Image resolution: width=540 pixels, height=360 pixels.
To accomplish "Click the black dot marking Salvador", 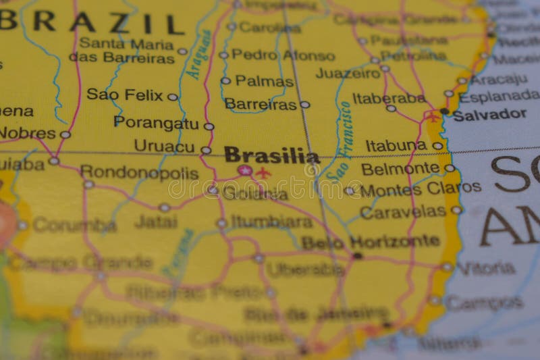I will pos(443,111).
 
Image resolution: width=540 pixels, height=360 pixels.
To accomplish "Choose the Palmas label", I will pos(264,81).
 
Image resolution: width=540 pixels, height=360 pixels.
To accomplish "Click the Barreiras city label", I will pos(260,104).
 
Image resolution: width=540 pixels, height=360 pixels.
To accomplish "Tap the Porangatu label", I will pos(156,122).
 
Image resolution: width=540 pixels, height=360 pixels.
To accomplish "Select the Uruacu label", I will pos(163,146).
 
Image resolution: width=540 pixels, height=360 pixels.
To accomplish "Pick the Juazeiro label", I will pos(348,72).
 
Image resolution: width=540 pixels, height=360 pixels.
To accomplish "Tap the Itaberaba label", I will pos(389,98).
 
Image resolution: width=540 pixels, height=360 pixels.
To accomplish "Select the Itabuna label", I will pos(396,145).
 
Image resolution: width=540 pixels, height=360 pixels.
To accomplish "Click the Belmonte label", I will pos(400,168).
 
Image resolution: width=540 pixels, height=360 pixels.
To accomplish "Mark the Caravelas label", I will pos(403,212).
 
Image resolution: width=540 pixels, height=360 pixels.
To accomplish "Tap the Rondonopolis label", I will pos(139,173).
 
